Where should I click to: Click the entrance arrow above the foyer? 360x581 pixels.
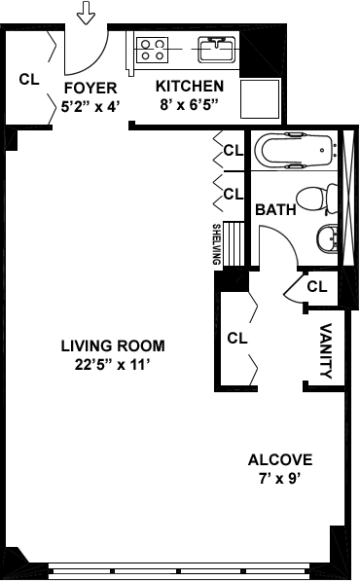coord(86,13)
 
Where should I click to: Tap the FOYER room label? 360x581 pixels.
coord(90,89)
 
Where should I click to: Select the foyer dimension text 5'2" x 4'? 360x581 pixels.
coord(90,107)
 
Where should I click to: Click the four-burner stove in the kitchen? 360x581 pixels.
coord(152,50)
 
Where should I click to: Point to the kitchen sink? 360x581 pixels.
coord(217,50)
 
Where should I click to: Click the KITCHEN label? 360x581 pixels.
coord(190,86)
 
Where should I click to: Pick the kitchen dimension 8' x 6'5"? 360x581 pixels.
coord(188,105)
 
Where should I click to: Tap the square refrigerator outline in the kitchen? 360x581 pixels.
coord(260,99)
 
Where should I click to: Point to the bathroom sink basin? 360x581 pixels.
coord(328,238)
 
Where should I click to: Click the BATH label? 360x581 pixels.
coord(276,209)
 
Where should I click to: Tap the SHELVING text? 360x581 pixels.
coord(217,244)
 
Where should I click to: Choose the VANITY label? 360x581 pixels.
coord(326,351)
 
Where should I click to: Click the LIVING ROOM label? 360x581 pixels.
coord(113,345)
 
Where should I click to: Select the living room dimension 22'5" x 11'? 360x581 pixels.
coord(112,365)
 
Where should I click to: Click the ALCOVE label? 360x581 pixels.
coord(280,459)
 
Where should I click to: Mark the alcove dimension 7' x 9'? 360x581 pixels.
coord(279,479)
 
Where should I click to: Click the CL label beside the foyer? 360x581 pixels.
coord(29,79)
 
